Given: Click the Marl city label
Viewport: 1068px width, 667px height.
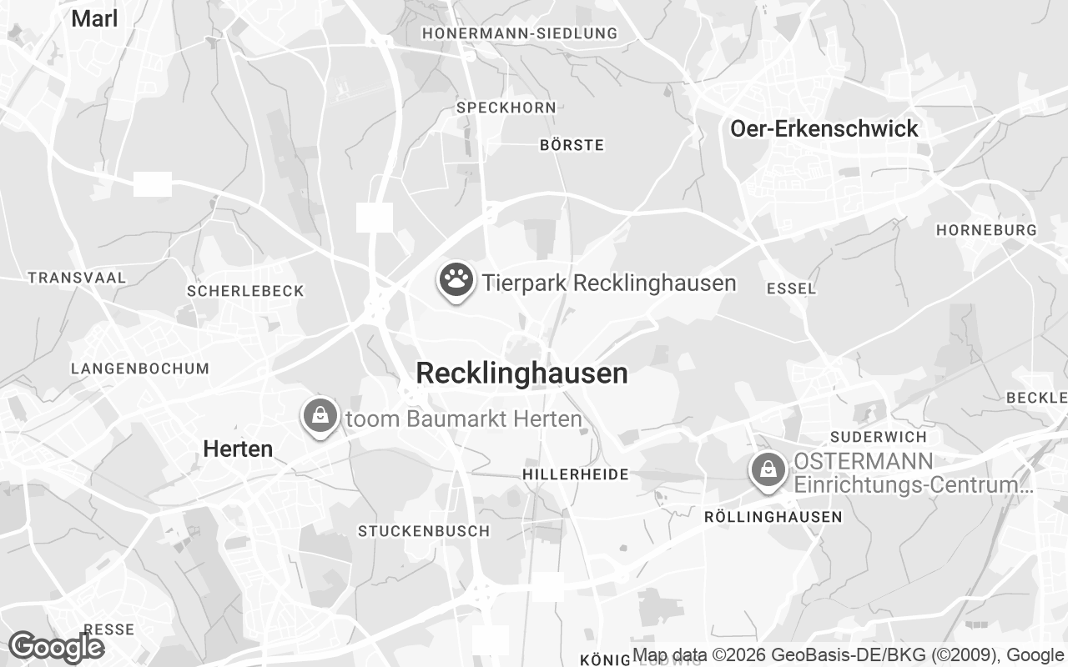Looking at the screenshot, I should tap(94, 19).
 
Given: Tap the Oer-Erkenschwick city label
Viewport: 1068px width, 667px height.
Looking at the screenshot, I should tap(824, 128).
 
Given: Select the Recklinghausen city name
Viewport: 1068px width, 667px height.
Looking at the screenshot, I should tap(521, 374).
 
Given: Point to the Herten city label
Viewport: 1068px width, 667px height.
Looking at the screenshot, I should tap(238, 449).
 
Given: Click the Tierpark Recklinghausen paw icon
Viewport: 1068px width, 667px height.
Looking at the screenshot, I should tap(456, 281).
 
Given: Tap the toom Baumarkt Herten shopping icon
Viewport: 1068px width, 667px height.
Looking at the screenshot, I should tap(320, 414).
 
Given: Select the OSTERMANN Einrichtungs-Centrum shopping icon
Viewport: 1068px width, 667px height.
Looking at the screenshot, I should tap(768, 470).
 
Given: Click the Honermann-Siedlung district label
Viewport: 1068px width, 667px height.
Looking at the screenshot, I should tap(520, 33).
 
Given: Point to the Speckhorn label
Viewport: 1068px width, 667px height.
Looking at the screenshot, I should tap(506, 108).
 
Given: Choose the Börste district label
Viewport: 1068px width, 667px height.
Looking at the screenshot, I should tap(572, 145).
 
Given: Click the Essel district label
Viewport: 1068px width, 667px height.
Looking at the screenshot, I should tap(790, 288).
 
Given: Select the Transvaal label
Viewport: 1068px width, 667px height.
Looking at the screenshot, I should tap(77, 278).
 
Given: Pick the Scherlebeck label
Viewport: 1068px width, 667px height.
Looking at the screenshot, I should tap(245, 291).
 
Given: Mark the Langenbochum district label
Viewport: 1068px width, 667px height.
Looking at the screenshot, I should tap(140, 369).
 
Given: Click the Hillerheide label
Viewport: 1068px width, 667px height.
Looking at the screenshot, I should tap(576, 474).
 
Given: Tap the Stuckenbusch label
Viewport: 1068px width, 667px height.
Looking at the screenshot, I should tap(424, 531).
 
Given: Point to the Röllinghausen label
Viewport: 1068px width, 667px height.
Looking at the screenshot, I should tap(773, 517).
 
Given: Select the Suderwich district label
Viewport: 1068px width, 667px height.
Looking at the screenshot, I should tap(879, 437).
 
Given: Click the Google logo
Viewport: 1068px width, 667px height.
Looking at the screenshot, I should tap(55, 647).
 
